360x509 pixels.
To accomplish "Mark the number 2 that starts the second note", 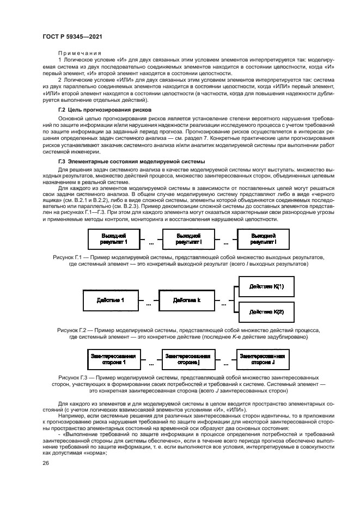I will click(x=59, y=79).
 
